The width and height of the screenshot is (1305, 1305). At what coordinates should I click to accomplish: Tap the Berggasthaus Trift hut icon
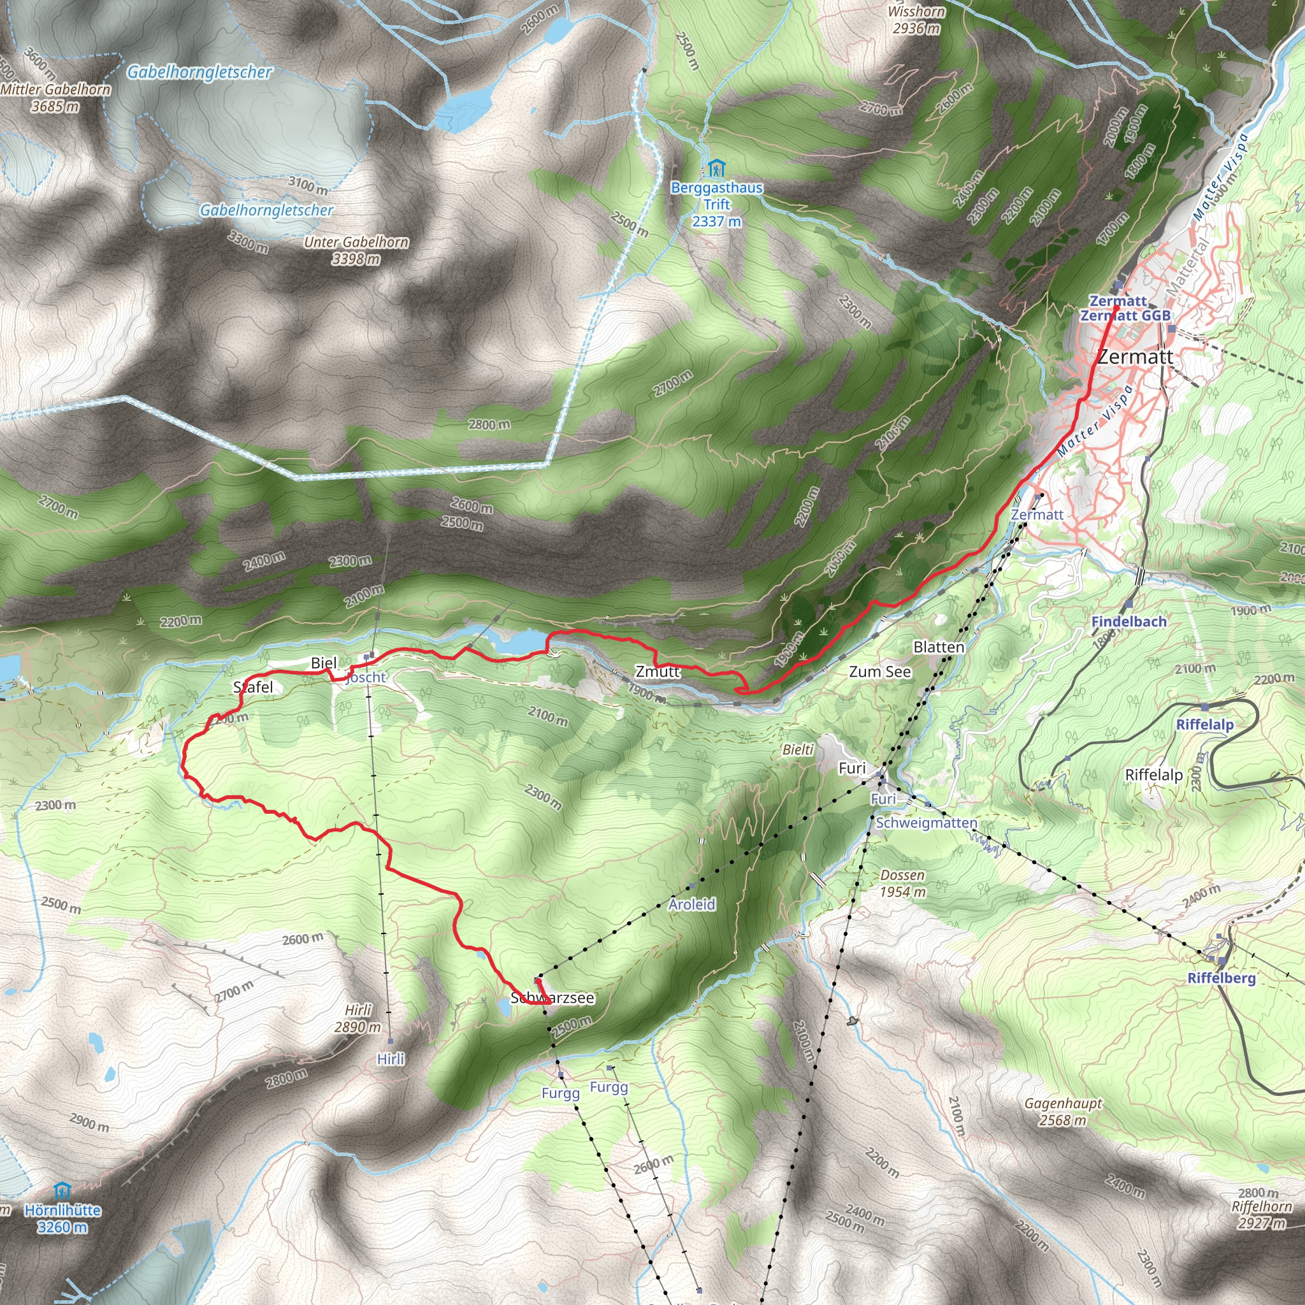click(716, 167)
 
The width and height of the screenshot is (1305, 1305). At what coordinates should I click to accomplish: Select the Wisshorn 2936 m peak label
click(916, 20)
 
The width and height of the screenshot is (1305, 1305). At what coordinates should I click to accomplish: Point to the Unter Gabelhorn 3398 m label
click(356, 250)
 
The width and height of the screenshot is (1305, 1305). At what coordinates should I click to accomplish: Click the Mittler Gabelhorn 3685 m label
click(55, 98)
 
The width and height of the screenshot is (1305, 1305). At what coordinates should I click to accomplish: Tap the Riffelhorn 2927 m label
click(1261, 1215)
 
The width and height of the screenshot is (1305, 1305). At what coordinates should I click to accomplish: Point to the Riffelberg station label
click(1222, 978)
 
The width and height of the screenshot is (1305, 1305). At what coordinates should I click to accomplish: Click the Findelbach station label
click(1128, 621)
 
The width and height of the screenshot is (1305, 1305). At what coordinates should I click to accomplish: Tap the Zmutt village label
click(657, 672)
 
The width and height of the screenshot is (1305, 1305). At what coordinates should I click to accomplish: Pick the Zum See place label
click(879, 672)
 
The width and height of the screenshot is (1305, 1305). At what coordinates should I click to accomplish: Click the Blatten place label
click(938, 647)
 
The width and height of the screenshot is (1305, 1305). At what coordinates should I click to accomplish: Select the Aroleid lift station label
click(691, 904)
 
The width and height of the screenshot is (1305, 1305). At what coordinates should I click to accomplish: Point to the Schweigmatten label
click(926, 823)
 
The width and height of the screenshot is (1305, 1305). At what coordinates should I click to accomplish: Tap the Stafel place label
click(254, 688)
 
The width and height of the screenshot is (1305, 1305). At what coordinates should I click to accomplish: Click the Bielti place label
click(798, 750)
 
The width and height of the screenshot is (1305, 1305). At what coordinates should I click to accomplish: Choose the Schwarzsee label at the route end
click(552, 999)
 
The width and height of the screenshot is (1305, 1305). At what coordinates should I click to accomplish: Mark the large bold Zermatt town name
click(1136, 357)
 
